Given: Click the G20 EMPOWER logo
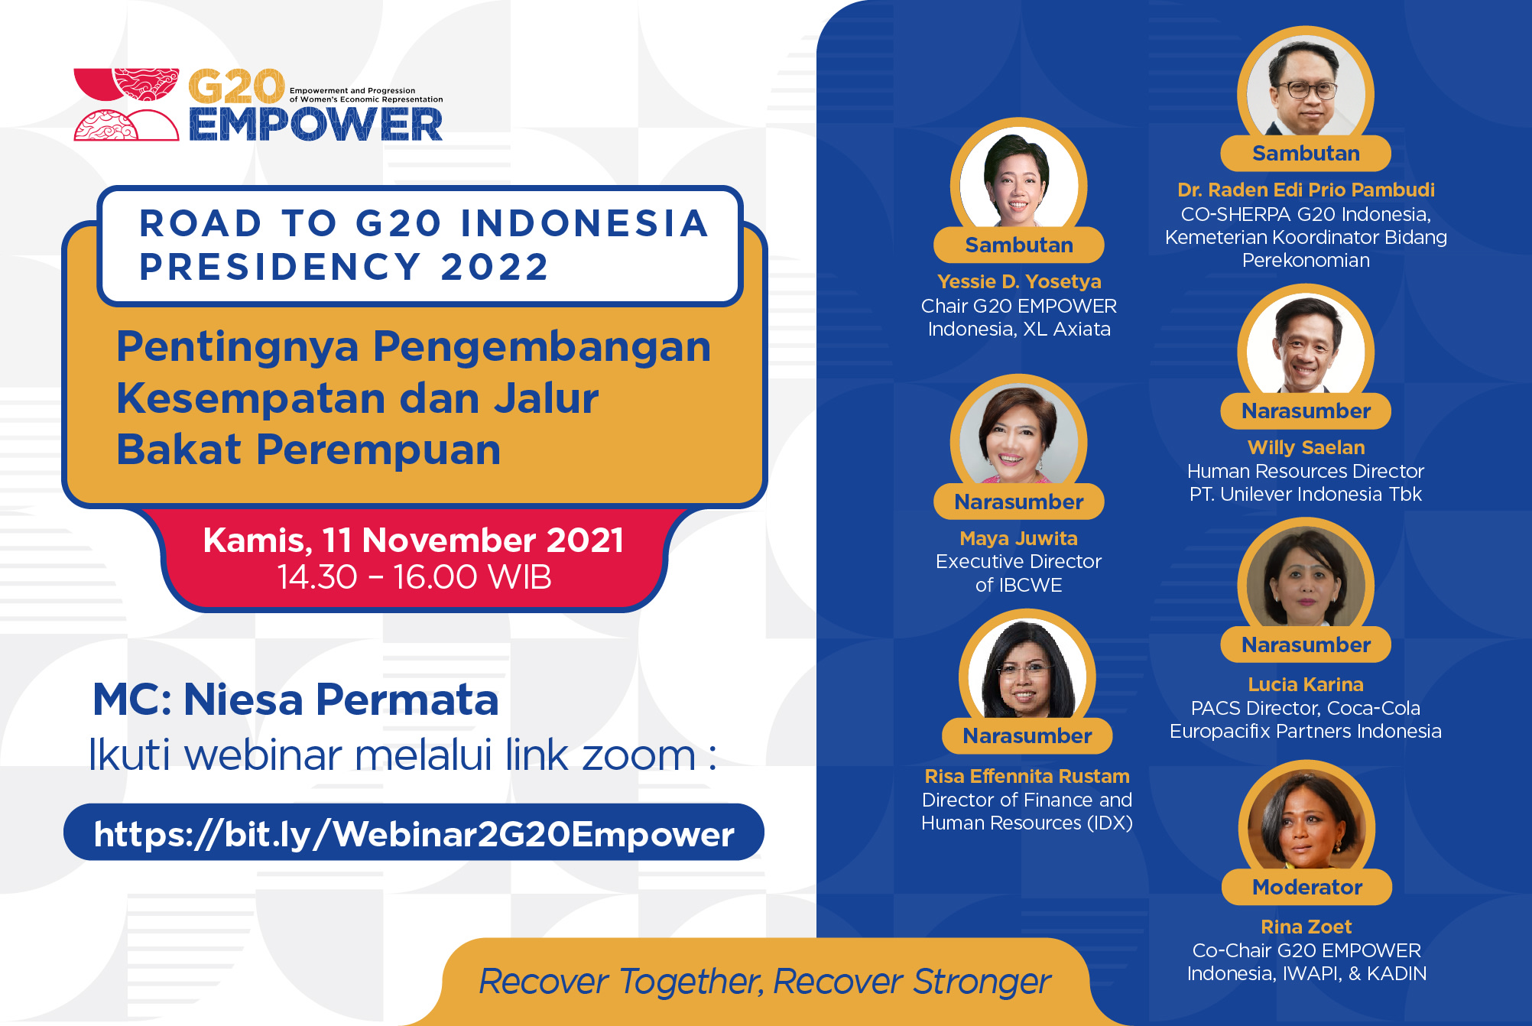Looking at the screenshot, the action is click(258, 105).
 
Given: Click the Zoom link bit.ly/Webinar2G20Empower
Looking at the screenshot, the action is click(414, 833).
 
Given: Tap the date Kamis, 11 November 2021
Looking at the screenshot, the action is click(414, 541).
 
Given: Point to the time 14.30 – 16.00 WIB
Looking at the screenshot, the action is click(414, 577).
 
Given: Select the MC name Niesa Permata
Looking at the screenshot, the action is click(341, 700).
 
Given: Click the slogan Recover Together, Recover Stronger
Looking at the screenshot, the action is click(765, 982).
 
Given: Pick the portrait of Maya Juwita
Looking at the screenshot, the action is click(1018, 436).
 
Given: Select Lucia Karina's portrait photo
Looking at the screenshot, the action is click(1306, 580).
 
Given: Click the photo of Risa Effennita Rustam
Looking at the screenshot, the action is click(1027, 670).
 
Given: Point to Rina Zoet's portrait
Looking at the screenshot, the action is click(1306, 822).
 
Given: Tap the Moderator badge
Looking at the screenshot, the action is click(1307, 887).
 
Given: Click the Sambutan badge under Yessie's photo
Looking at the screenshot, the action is click(1019, 245).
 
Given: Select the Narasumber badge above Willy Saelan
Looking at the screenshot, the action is click(1306, 411).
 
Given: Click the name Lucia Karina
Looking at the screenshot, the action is click(1306, 684).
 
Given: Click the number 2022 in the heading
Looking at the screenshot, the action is click(495, 267).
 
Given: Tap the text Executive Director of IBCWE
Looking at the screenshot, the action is click(1018, 573).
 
